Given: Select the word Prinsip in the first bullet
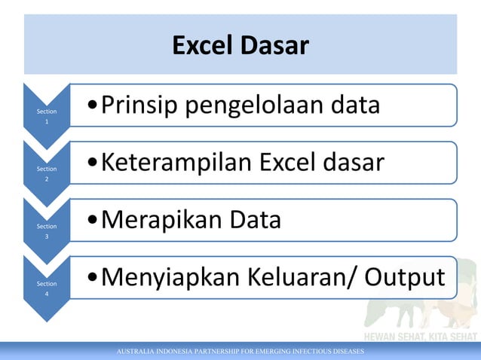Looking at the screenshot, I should [x=139, y=105].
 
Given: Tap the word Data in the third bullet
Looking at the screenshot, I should [x=251, y=221].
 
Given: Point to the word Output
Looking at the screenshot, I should [x=405, y=278].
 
